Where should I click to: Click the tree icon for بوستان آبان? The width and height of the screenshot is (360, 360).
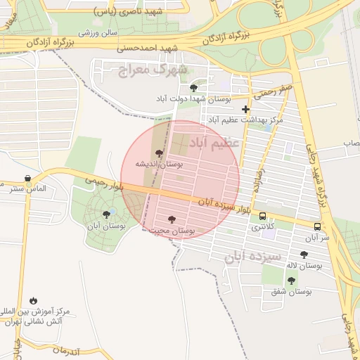pyautogui.click(x=106, y=214)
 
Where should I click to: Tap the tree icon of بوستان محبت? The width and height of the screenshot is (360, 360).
pyautogui.click(x=172, y=219)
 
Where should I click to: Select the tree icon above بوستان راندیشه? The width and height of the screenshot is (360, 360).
pyautogui.click(x=160, y=152)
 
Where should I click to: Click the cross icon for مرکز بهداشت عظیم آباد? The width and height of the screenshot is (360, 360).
pyautogui.click(x=245, y=109)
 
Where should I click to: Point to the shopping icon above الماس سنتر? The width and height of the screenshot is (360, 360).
pyautogui.click(x=27, y=179)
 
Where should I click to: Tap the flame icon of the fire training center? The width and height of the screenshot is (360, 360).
pyautogui.click(x=33, y=300)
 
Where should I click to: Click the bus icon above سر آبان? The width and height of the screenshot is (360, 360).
pyautogui.click(x=317, y=226)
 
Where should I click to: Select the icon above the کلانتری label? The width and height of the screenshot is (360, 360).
pyautogui.click(x=262, y=216)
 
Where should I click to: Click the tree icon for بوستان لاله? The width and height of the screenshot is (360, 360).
pyautogui.click(x=304, y=255)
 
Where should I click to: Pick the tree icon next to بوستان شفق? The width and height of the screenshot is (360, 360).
pyautogui.click(x=291, y=280)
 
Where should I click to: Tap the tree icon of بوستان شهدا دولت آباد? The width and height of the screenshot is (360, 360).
pyautogui.click(x=193, y=87)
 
